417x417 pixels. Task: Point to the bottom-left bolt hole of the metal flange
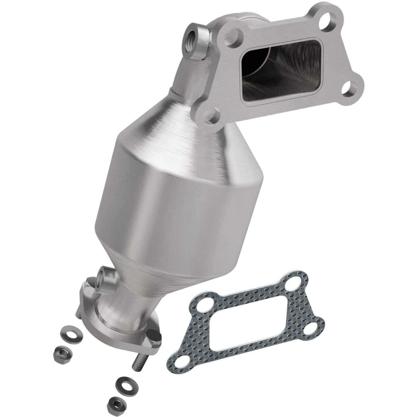(212, 116)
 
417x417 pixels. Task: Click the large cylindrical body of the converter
(174, 208)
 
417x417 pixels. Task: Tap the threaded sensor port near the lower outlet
(103, 276)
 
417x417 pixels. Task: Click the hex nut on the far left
(61, 352)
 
